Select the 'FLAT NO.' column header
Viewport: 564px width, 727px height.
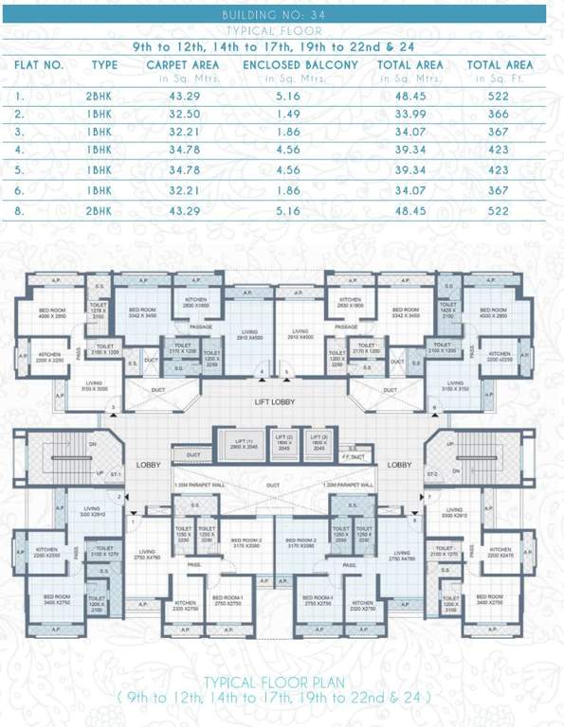tap(39, 64)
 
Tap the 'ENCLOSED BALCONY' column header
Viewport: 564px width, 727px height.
tap(300, 64)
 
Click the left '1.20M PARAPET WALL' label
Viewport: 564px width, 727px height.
tap(200, 485)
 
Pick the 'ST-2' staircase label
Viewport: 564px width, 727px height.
tap(432, 472)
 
